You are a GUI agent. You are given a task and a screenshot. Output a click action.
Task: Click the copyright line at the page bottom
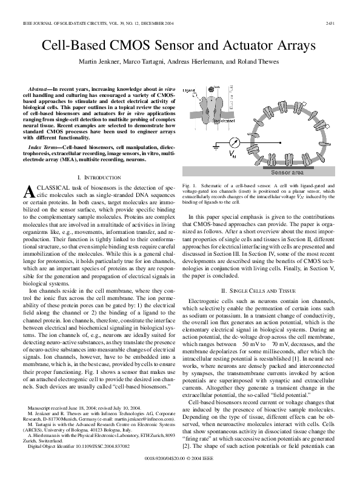point(180,459)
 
